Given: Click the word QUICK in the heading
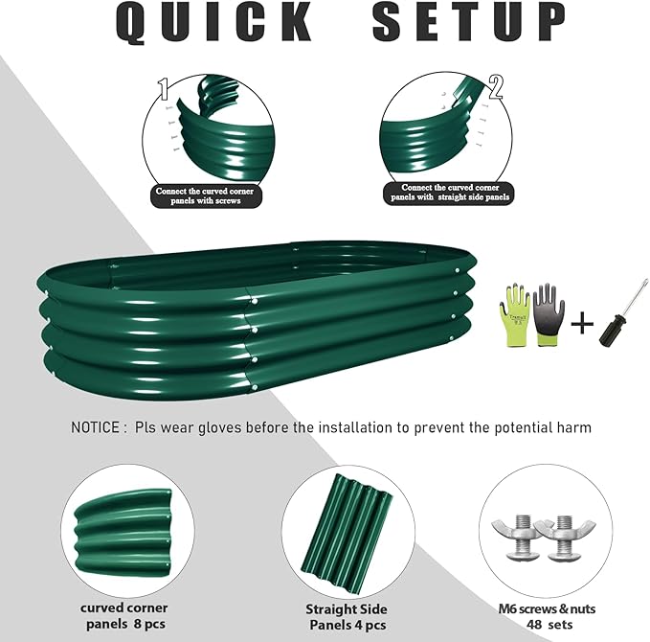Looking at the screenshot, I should click(215, 23).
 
